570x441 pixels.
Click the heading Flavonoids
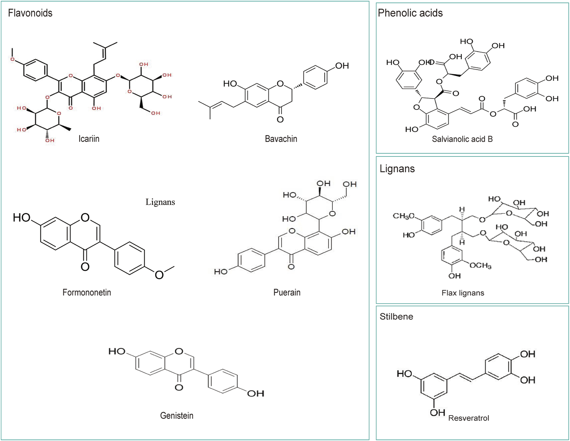[x=30, y=13]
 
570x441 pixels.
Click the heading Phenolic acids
[x=410, y=13]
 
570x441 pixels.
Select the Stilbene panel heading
[x=396, y=316]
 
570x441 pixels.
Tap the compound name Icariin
[x=89, y=139]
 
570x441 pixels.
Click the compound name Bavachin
[x=281, y=139]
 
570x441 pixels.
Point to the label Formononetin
[x=87, y=292]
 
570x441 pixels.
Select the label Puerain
[x=287, y=292]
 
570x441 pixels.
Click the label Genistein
[x=176, y=416]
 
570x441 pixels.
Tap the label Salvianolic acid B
[x=462, y=139]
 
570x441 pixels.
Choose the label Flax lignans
[x=463, y=293]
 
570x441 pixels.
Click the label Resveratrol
[x=468, y=418]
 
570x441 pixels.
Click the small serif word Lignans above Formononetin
[x=160, y=202]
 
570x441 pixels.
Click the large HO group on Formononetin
[x=22, y=217]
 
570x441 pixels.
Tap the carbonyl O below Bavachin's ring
[x=280, y=119]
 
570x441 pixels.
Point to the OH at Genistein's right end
[x=256, y=393]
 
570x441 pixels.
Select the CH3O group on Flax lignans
[x=403, y=216]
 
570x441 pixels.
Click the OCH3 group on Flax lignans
[x=480, y=265]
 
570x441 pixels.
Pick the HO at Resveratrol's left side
[x=405, y=374]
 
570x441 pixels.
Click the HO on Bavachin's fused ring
[x=230, y=84]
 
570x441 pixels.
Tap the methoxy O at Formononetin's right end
[x=159, y=274]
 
